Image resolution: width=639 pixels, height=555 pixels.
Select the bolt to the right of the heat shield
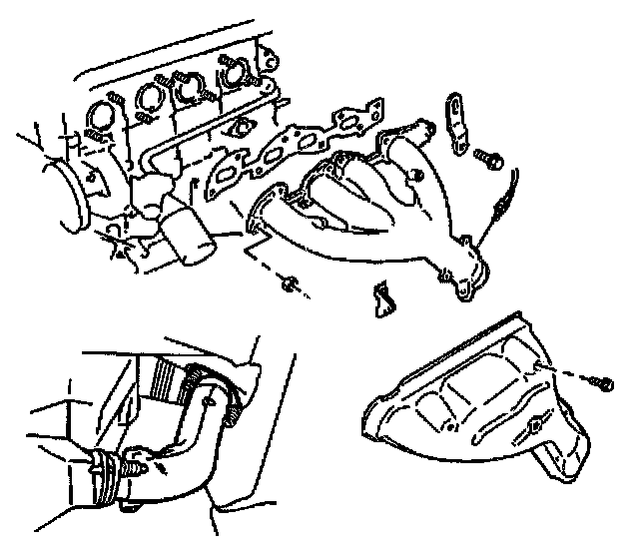point(604,381)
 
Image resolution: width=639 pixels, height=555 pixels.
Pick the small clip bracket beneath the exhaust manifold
point(381,298)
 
